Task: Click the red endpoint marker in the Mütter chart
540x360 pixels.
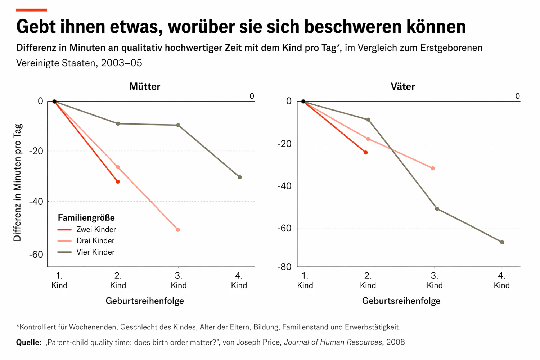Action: click(x=118, y=182)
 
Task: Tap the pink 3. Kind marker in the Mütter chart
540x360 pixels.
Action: click(x=178, y=230)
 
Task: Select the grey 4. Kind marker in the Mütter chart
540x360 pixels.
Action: click(x=240, y=177)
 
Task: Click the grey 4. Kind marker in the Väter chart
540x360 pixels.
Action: click(x=502, y=242)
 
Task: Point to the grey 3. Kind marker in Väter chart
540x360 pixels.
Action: click(x=437, y=209)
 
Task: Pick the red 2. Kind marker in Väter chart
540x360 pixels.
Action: click(x=366, y=153)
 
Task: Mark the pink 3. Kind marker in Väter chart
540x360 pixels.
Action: click(x=433, y=168)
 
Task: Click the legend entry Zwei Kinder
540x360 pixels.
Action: click(x=96, y=230)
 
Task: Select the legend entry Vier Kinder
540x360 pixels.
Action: click(x=95, y=252)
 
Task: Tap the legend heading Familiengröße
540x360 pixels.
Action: click(x=86, y=218)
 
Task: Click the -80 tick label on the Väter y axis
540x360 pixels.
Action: click(x=284, y=267)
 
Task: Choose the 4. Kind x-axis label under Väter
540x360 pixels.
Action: click(x=501, y=281)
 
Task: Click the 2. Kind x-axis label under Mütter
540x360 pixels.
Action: click(x=118, y=281)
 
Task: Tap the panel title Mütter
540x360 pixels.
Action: click(x=145, y=86)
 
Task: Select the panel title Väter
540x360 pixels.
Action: click(x=402, y=86)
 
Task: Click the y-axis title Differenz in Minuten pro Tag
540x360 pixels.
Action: click(x=18, y=182)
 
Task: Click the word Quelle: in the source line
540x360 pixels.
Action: click(x=29, y=342)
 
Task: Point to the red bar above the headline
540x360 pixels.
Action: click(x=32, y=10)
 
